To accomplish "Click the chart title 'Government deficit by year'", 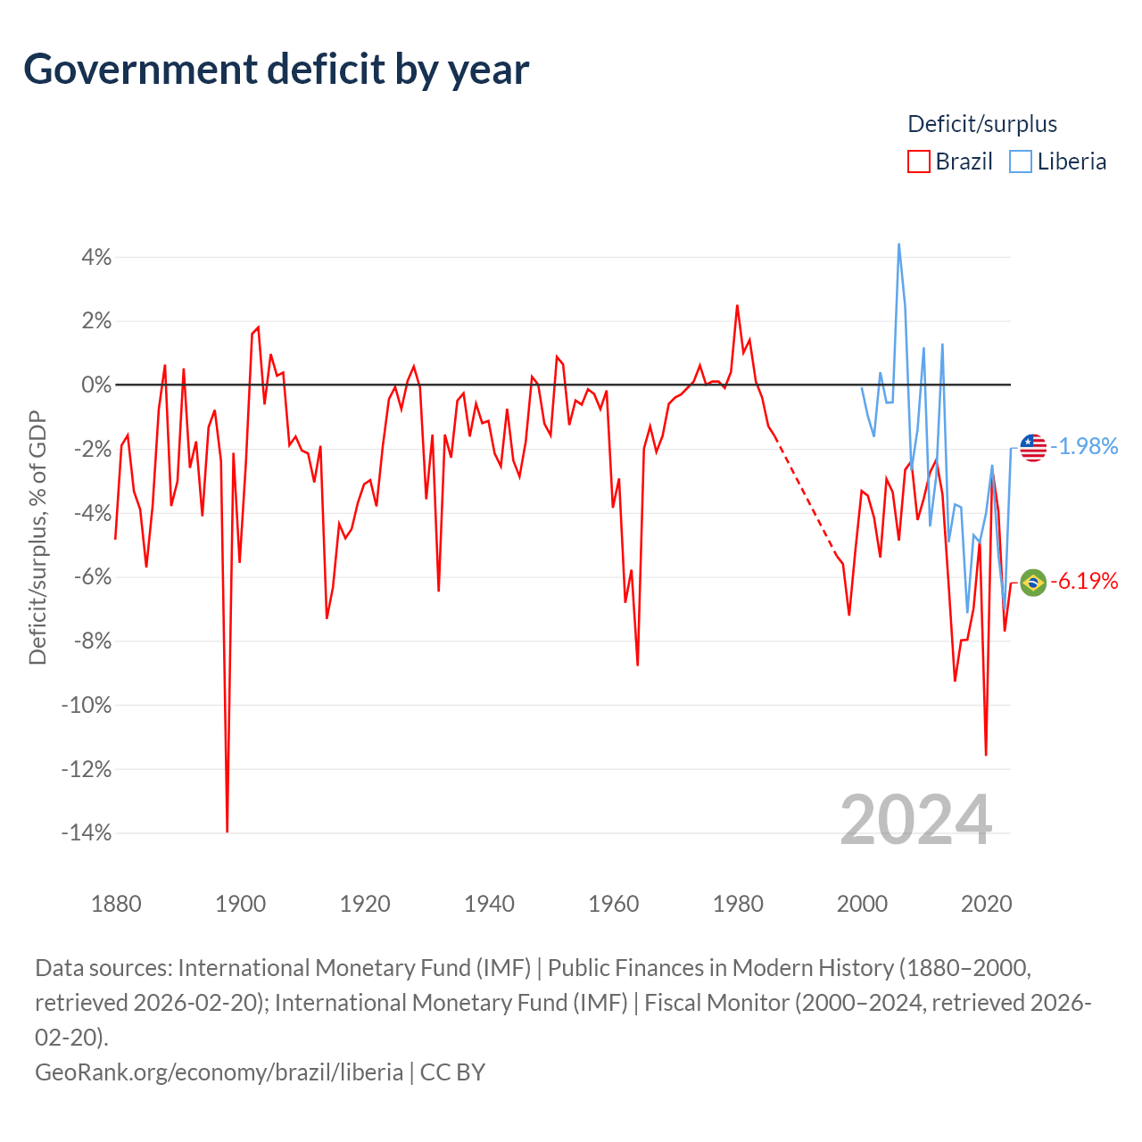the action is pyautogui.click(x=276, y=70).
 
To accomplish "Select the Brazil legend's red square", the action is pyautogui.click(x=919, y=161).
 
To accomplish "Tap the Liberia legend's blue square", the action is pyautogui.click(x=1020, y=161).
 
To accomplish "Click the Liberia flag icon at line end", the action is pyautogui.click(x=1033, y=448).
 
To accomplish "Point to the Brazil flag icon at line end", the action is pyautogui.click(x=1033, y=583).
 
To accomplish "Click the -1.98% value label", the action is pyautogui.click(x=1084, y=447).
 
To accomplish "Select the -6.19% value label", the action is pyautogui.click(x=1084, y=582).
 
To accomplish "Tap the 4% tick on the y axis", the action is pyautogui.click(x=96, y=257).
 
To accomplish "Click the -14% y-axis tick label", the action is pyautogui.click(x=87, y=832).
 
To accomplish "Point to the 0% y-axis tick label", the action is pyautogui.click(x=96, y=385).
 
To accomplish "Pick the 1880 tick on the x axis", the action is pyautogui.click(x=116, y=904).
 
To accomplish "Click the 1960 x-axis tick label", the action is pyautogui.click(x=613, y=904).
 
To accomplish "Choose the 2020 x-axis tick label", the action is pyautogui.click(x=986, y=904).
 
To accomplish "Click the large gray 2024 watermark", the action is pyautogui.click(x=915, y=821).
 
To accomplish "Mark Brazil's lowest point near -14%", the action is pyautogui.click(x=227, y=832).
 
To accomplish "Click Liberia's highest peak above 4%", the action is pyautogui.click(x=899, y=244).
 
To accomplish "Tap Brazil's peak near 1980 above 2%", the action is pyautogui.click(x=737, y=306).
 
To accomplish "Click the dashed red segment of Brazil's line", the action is pyautogui.click(x=806, y=500).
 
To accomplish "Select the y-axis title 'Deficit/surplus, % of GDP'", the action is pyautogui.click(x=38, y=537).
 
